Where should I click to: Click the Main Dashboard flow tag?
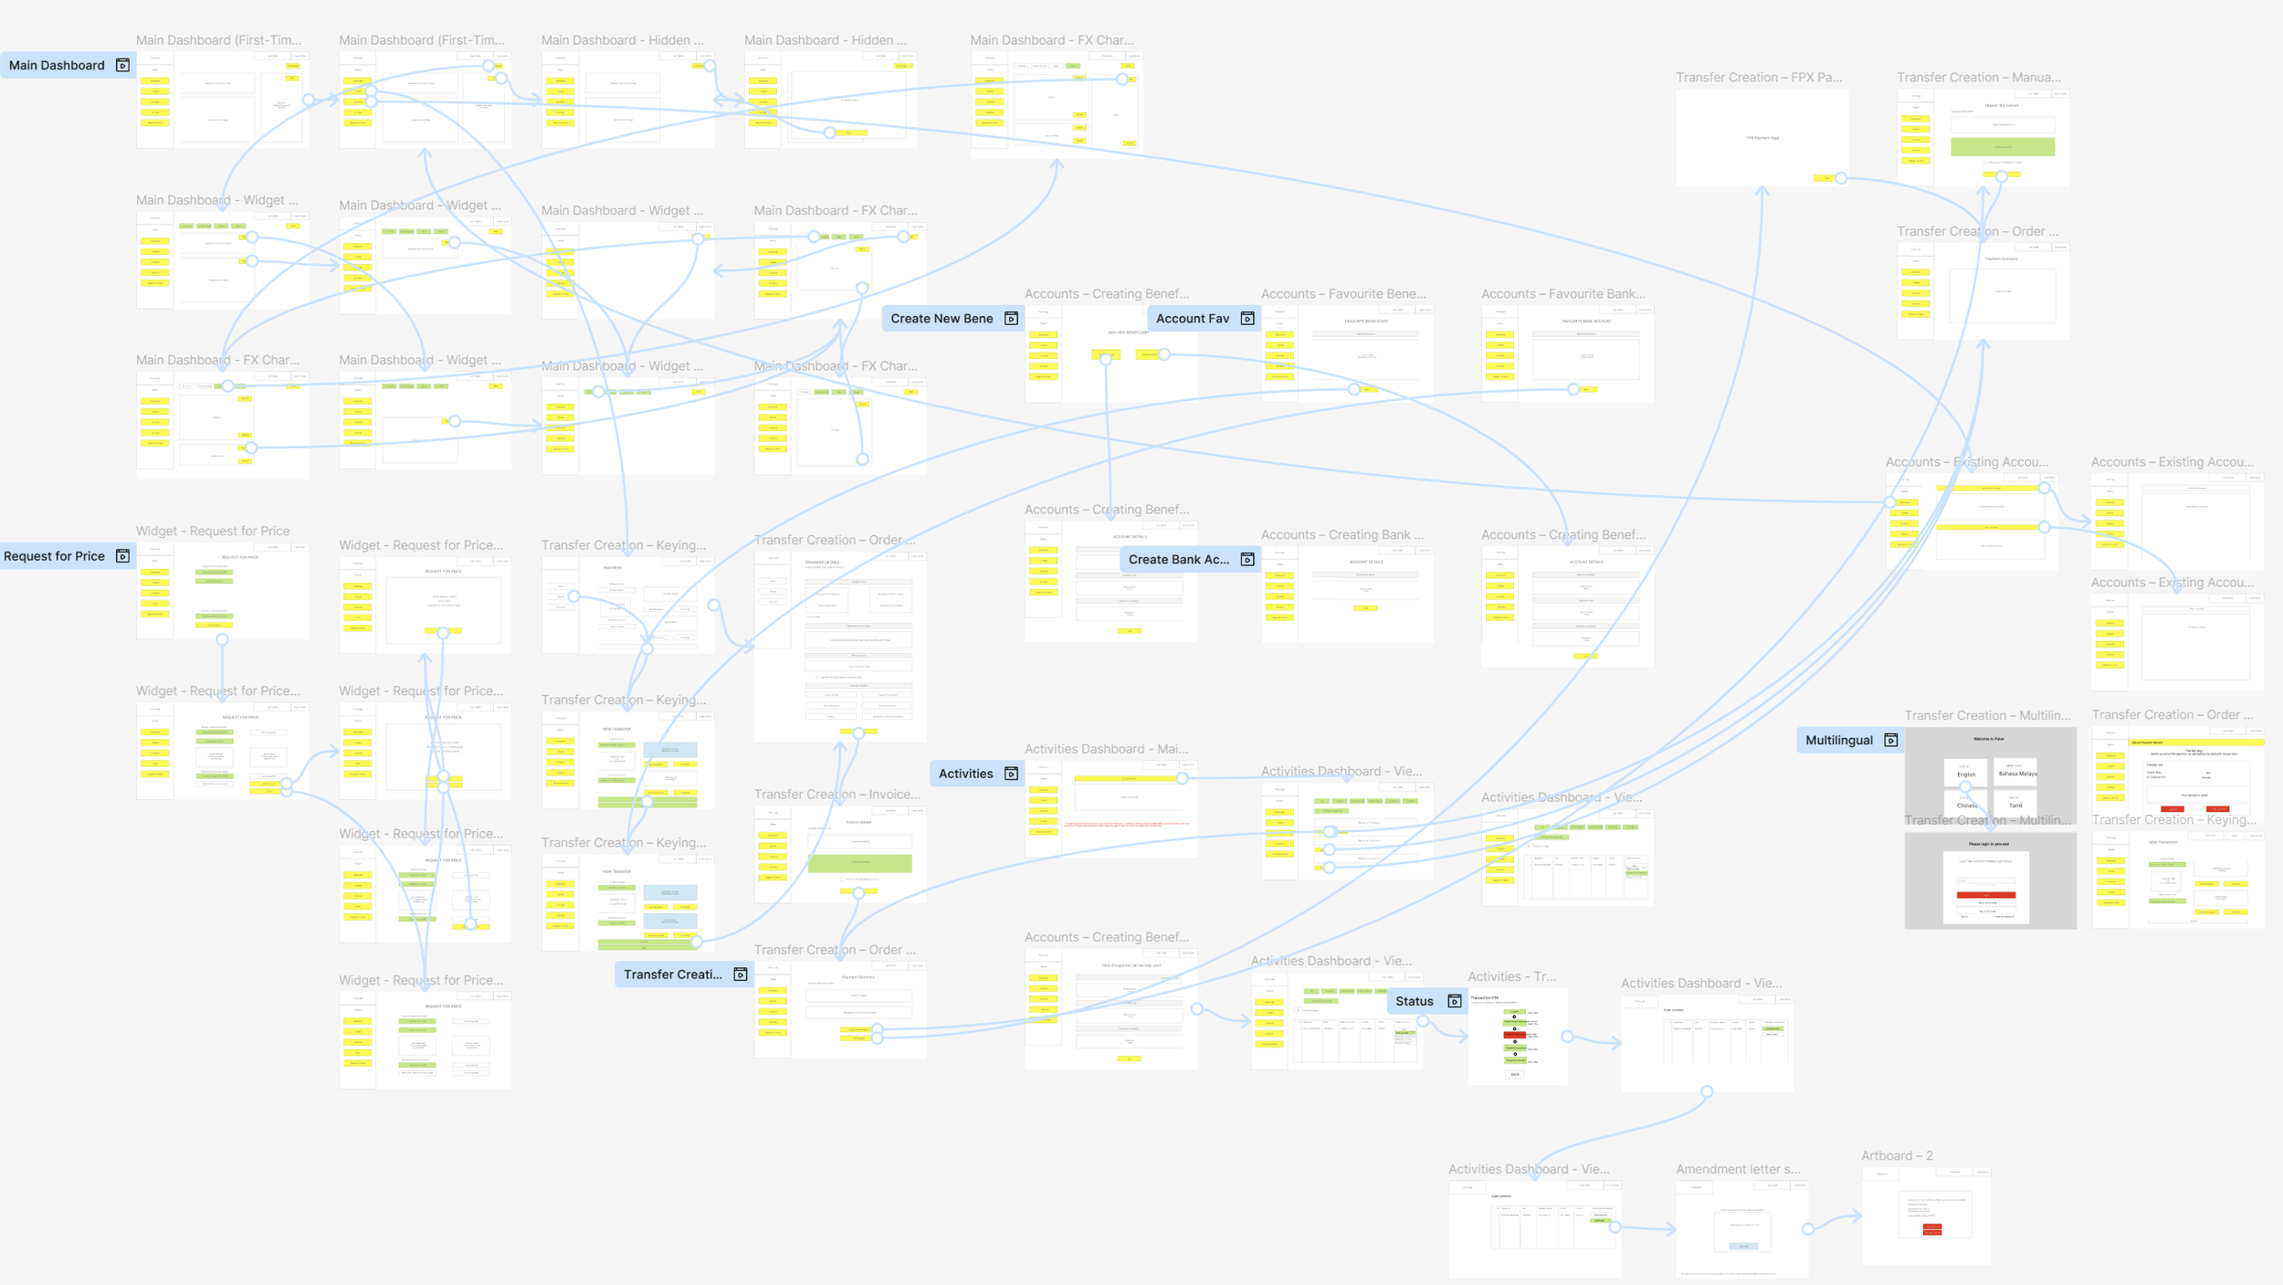tap(57, 65)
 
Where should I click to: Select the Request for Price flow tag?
tap(54, 556)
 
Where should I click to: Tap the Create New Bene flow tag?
tap(942, 319)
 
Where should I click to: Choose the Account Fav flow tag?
tap(1193, 319)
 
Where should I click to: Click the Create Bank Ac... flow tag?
tap(1178, 560)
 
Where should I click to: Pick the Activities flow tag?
tap(965, 774)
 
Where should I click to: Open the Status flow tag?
tap(1415, 1001)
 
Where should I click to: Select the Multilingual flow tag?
tap(1838, 741)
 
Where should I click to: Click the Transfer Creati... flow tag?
tap(673, 974)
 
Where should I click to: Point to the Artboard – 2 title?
tap(1897, 1155)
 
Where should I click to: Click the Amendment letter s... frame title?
tap(1738, 1169)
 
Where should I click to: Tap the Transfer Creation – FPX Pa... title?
tap(1759, 78)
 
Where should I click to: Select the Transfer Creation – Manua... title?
tap(1978, 78)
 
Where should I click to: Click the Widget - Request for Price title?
tap(213, 531)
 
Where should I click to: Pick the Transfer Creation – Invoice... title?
tap(836, 795)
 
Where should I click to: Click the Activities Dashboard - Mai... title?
tap(1106, 749)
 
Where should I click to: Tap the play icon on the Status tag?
tap(1455, 1001)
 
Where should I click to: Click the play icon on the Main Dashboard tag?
tap(122, 65)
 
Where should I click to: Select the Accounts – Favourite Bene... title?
tap(1342, 294)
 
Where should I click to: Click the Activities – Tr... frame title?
tap(1511, 976)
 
